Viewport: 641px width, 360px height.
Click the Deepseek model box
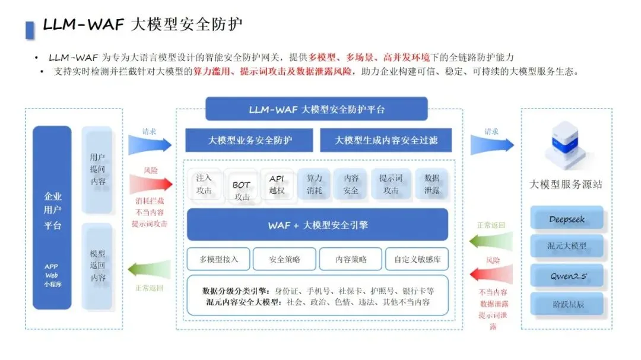[567, 219]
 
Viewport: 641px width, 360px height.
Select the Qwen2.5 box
[567, 275]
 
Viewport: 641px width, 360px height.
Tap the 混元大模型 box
[567, 246]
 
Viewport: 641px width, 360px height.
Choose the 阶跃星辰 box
[567, 304]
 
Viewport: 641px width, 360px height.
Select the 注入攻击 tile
[204, 184]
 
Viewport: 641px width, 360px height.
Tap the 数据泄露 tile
[431, 184]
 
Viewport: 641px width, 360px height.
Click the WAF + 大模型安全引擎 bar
[318, 225]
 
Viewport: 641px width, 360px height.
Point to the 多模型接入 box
[219, 259]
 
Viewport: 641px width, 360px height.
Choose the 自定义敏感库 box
[417, 259]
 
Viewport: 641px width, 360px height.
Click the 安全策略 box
[284, 259]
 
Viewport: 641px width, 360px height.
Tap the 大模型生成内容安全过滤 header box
[386, 141]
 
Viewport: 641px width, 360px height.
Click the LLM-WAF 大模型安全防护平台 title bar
[316, 109]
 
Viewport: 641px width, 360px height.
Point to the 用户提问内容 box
[97, 170]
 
